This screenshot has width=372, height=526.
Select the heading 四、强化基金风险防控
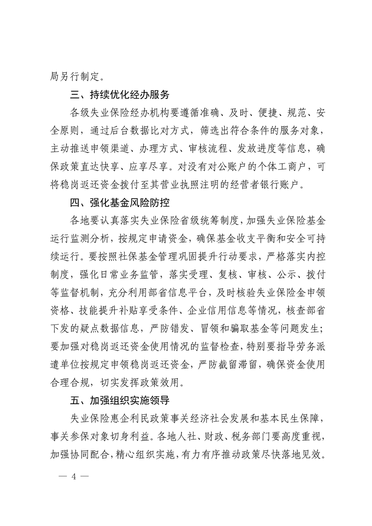pyautogui.click(x=119, y=203)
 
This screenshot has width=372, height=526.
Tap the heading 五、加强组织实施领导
pyautogui.click(x=119, y=401)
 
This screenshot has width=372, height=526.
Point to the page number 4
pyautogui.click(x=73, y=476)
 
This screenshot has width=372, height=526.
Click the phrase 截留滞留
pyautogui.click(x=236, y=365)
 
